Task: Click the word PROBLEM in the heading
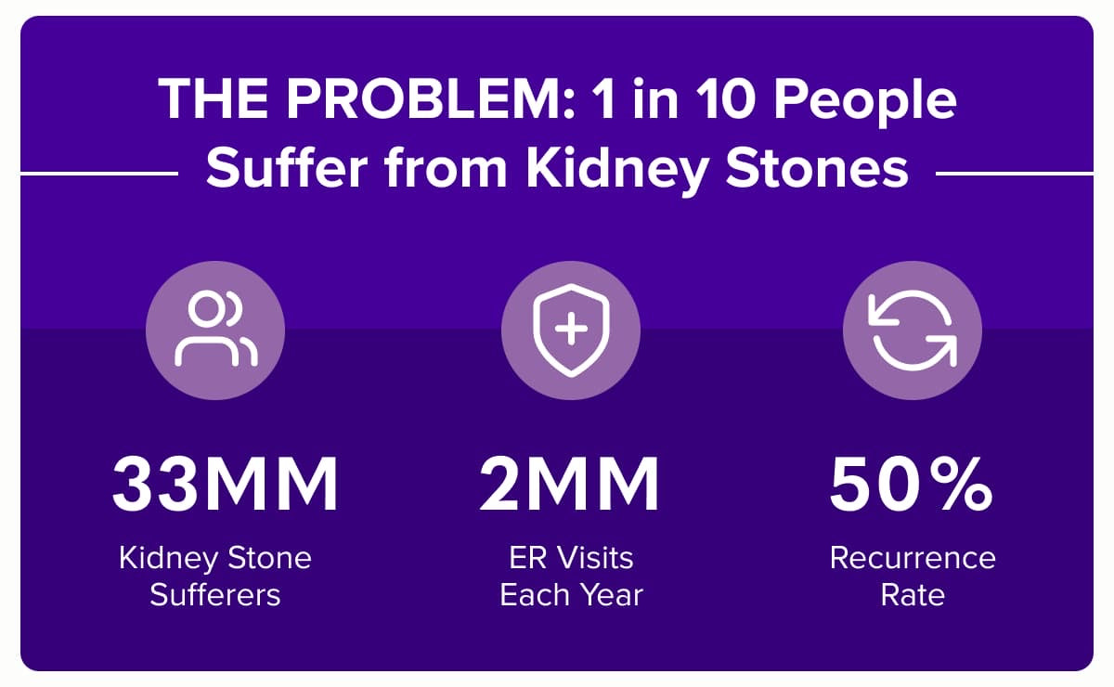[x=430, y=98]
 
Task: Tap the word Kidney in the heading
[x=617, y=168]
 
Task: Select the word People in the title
[x=865, y=102]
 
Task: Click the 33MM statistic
[x=226, y=484]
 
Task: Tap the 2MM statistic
[x=569, y=484]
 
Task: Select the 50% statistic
[x=911, y=484]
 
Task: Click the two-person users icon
[x=215, y=329]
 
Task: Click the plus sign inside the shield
[x=571, y=329]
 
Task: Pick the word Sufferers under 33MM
[x=215, y=594]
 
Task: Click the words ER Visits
[x=571, y=558]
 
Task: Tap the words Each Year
[x=571, y=594]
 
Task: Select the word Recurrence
[x=913, y=558]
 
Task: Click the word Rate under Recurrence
[x=913, y=594]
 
